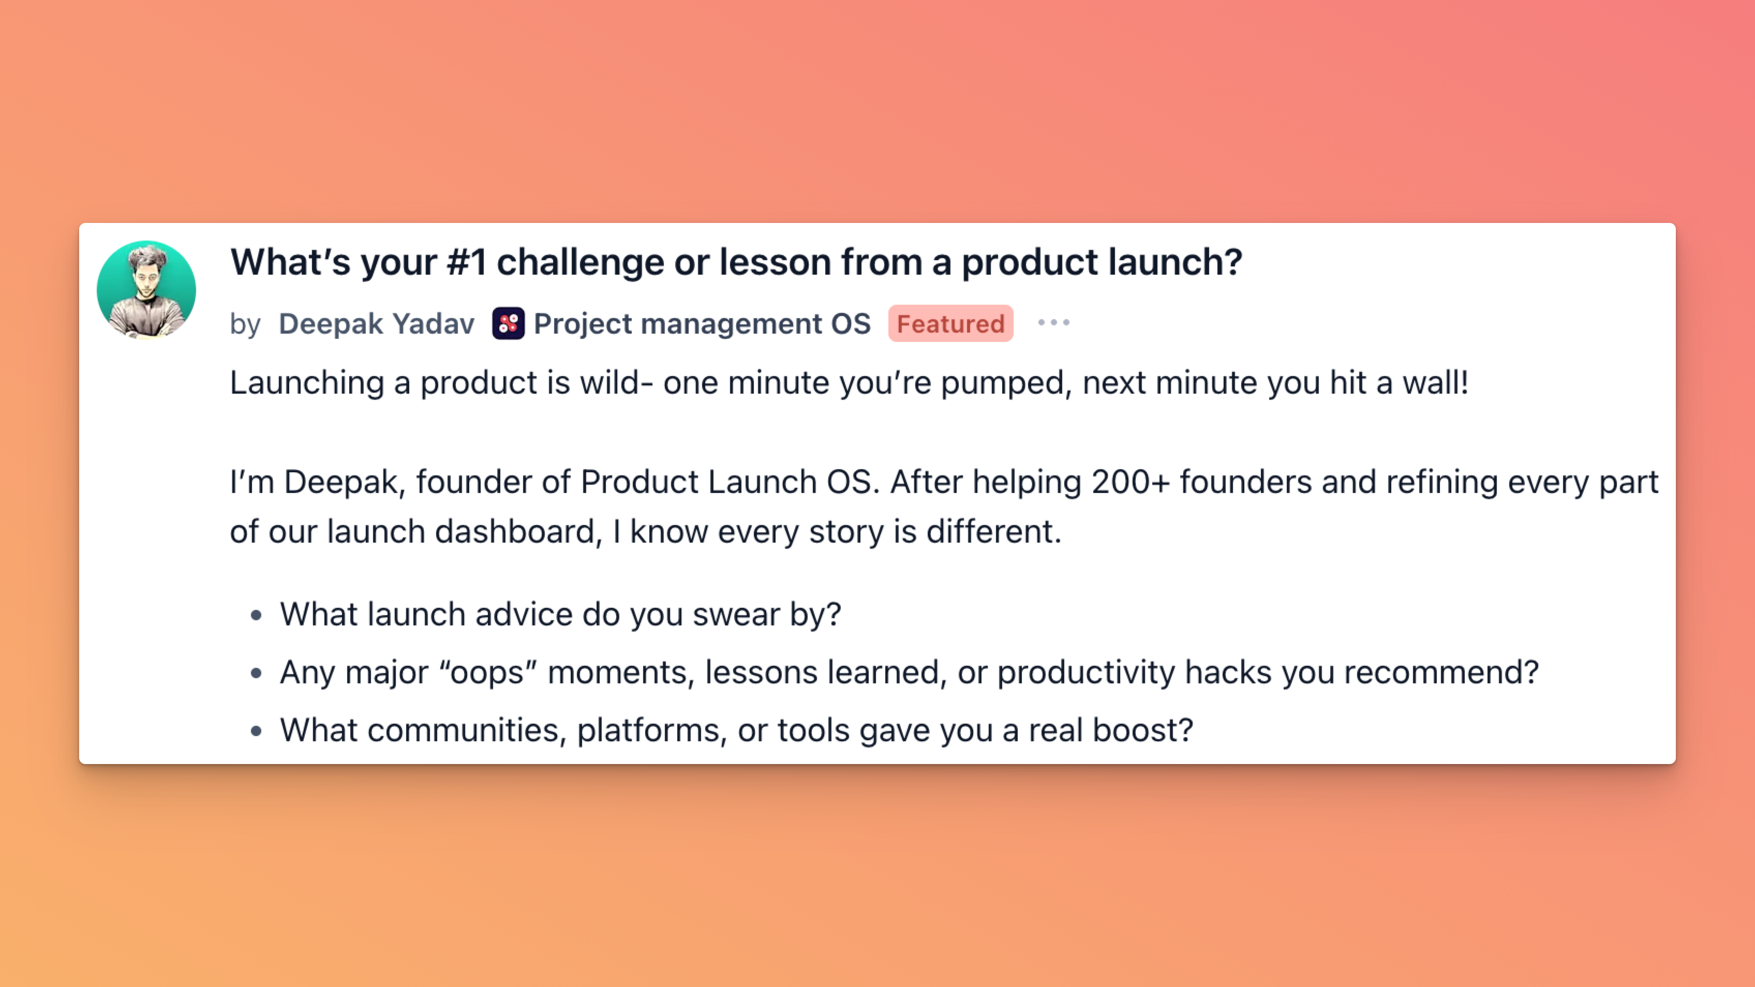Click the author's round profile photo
point(146,290)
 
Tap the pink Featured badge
point(950,323)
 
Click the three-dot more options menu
point(1053,323)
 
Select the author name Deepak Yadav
point(376,323)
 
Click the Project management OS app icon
point(508,323)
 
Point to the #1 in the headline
point(467,262)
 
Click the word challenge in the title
point(581,262)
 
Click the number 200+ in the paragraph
point(1131,482)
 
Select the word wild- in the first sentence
point(617,383)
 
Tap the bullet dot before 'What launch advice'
point(256,616)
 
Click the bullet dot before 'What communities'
point(256,731)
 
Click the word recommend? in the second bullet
point(1441,673)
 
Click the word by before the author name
point(245,325)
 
